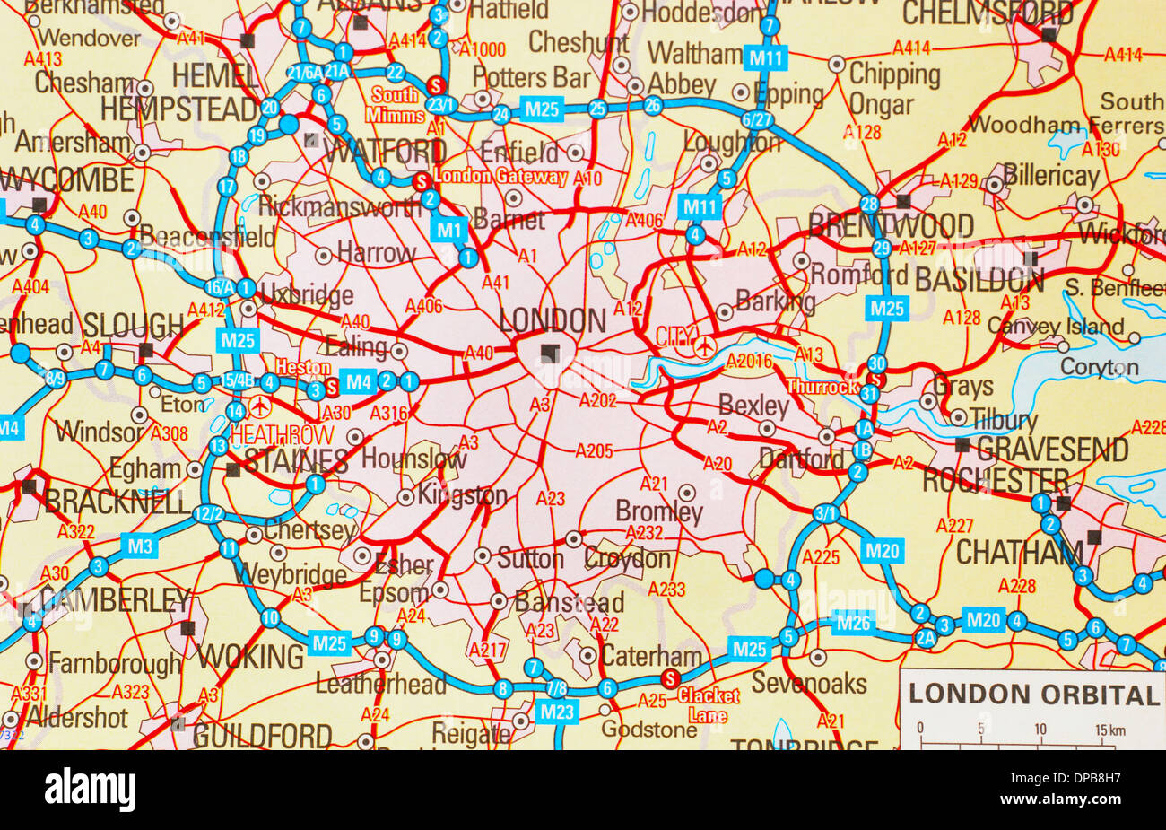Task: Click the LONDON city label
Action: click(552, 320)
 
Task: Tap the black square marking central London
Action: click(549, 354)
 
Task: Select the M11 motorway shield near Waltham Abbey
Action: click(766, 59)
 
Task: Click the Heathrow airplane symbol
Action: click(261, 406)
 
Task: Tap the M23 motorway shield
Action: click(558, 712)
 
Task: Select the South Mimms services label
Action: click(395, 105)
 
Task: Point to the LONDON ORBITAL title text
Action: click(1033, 694)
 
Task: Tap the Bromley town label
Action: click(659, 511)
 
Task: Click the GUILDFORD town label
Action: click(262, 737)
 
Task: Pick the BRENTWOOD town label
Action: click(891, 225)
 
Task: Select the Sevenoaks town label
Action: click(809, 683)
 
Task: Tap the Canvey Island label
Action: click(1055, 326)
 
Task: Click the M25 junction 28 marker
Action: click(868, 203)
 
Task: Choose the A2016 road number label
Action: click(749, 361)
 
